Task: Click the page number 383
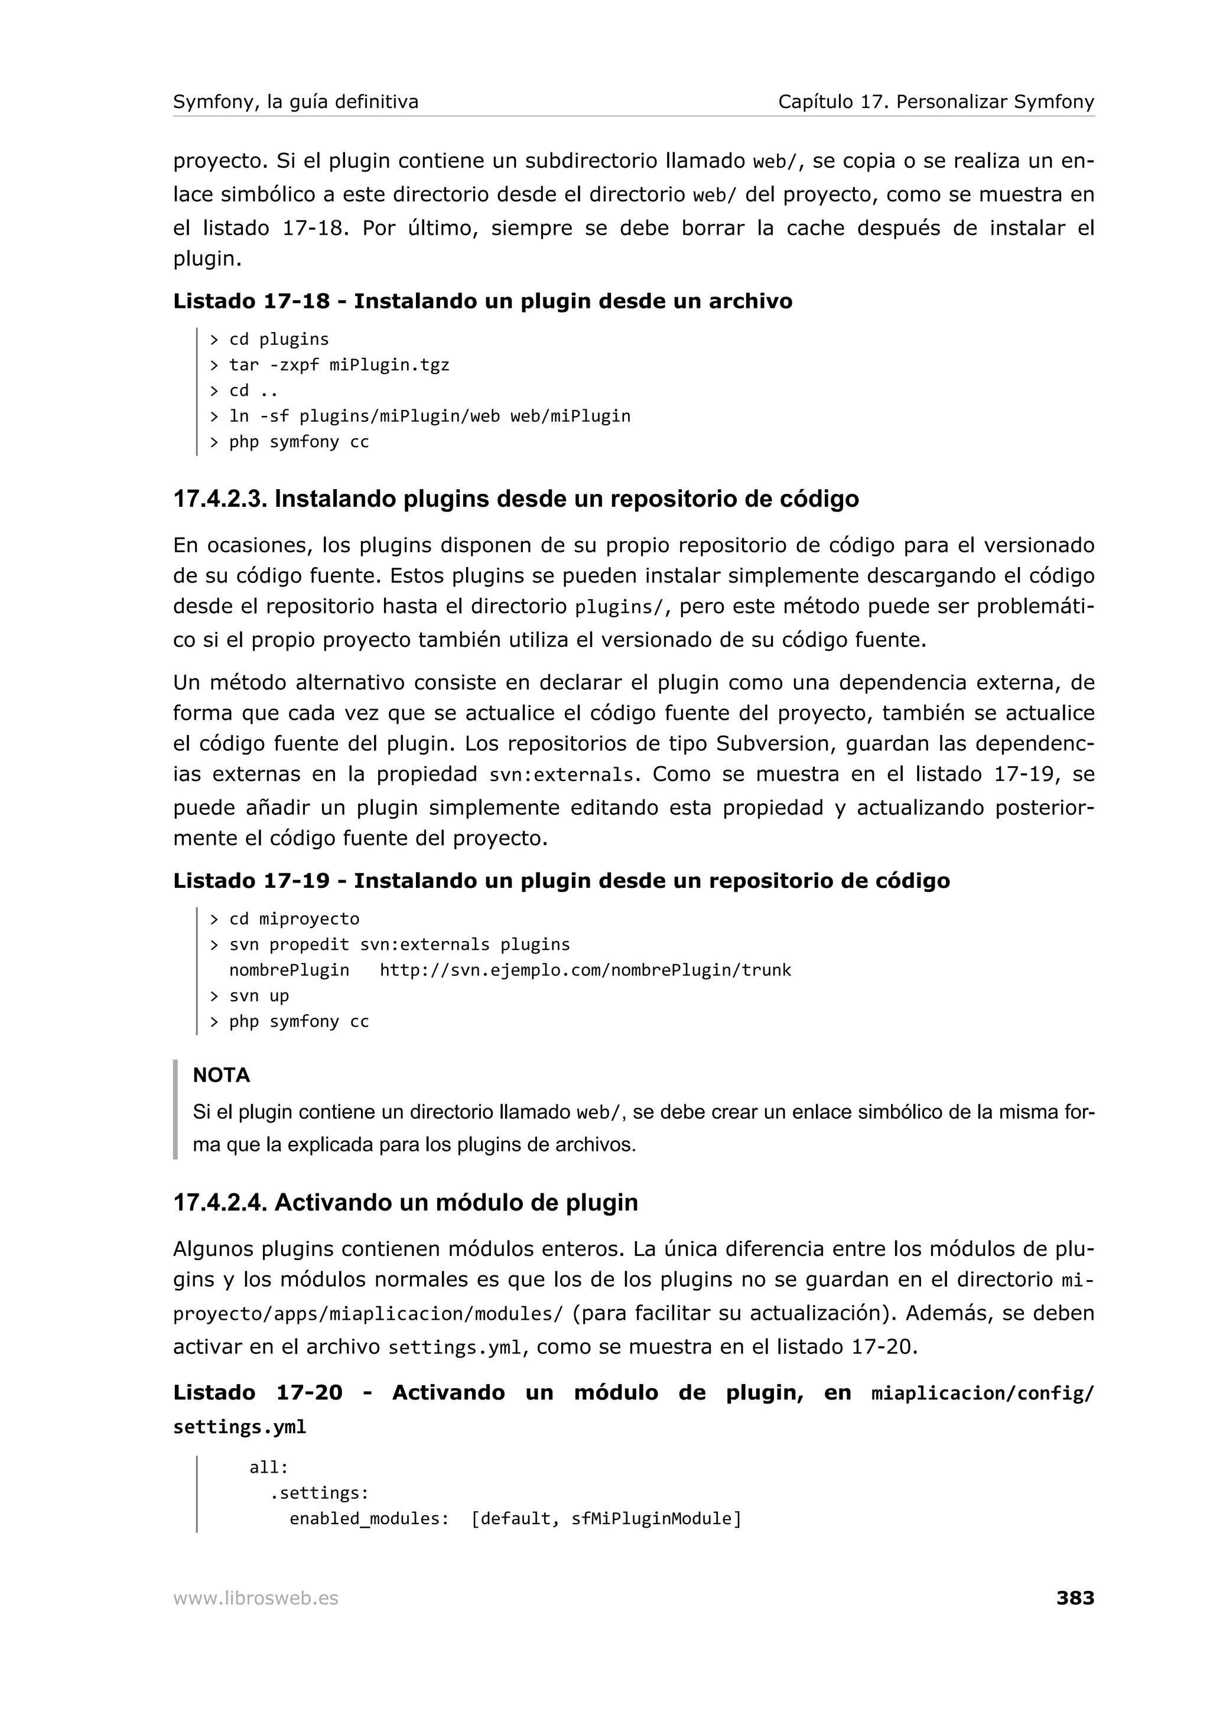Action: coord(1074,1598)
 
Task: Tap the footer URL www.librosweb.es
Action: coord(256,1599)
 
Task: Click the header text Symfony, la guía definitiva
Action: coord(295,102)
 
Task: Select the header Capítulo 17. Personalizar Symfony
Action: coord(936,102)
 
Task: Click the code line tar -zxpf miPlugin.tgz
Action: coord(339,364)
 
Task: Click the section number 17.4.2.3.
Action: coord(220,499)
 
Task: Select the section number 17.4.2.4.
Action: coord(220,1203)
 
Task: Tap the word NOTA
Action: coord(222,1075)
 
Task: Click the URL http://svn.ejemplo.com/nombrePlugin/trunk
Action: coord(586,970)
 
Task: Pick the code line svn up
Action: coord(259,996)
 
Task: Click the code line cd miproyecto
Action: coord(294,919)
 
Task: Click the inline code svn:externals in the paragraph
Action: coord(561,776)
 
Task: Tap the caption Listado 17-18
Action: coord(251,301)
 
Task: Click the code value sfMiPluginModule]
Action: coord(656,1519)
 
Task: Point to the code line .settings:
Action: coord(319,1493)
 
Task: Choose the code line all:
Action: coord(268,1467)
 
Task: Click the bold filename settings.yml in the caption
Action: coord(239,1427)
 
